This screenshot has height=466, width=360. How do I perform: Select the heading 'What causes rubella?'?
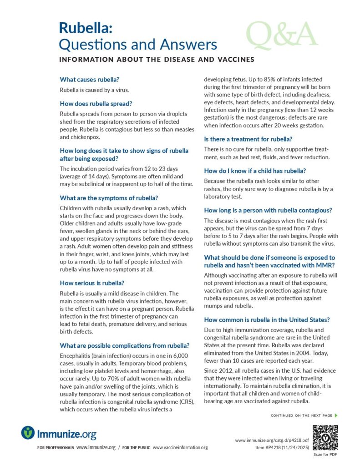point(90,79)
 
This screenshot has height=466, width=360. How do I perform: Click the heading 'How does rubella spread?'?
point(96,103)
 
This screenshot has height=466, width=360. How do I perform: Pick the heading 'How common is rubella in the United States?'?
point(267,319)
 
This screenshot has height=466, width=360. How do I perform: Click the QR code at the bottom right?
point(325,437)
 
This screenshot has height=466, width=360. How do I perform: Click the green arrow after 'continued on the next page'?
point(336,415)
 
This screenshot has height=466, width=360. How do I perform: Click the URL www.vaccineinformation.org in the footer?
point(180,448)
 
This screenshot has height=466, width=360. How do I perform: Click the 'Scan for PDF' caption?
point(325,455)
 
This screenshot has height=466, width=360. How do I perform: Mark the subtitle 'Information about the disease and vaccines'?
point(157,60)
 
